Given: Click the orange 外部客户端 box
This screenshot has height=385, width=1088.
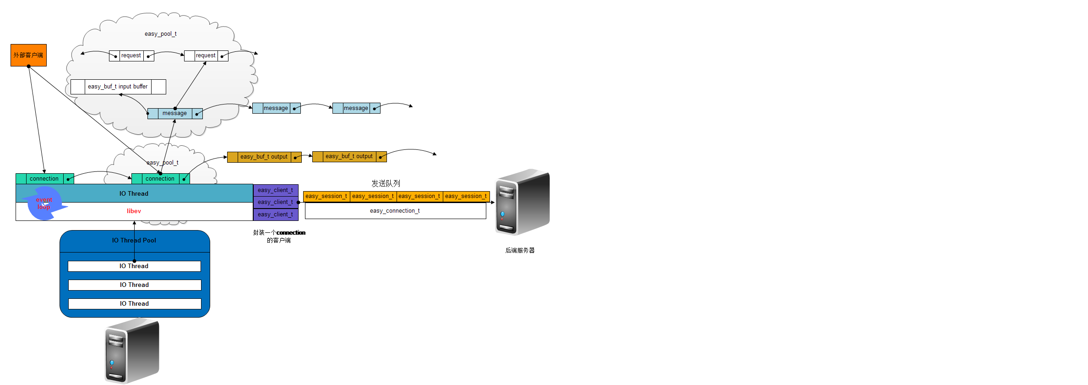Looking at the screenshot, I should point(28,55).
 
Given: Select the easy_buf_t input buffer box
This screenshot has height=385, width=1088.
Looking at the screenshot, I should point(118,87).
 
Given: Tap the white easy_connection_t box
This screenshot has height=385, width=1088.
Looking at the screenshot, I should point(395,211).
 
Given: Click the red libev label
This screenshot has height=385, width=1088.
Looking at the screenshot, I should point(134,211).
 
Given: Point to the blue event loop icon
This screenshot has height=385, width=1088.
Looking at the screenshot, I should point(44,203).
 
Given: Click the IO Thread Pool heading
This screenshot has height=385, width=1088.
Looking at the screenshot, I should point(134,241).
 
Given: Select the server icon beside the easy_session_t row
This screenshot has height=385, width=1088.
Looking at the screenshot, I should point(522,202).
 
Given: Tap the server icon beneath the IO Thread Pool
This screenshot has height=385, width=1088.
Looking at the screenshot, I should point(132,351).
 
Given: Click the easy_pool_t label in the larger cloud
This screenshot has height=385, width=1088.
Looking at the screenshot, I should point(160,34).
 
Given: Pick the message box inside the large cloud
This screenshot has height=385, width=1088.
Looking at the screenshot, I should point(175,113).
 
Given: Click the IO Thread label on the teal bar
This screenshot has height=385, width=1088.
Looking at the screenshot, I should point(134,194).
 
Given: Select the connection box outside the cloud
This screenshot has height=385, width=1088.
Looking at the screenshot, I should point(44,179).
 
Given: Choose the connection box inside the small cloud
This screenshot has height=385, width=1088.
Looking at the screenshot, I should point(160,179).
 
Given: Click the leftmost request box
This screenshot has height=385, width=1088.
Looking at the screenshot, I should point(131,56).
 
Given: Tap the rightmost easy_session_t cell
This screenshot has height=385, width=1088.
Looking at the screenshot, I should point(466,196).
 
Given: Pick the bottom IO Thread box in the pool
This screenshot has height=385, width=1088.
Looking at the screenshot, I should point(135,304).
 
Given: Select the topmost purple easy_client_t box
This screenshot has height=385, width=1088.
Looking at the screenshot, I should point(275,190).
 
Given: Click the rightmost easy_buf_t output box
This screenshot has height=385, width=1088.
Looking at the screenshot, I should point(349,157).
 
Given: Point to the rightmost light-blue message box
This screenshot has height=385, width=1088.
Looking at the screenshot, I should point(356,108).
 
